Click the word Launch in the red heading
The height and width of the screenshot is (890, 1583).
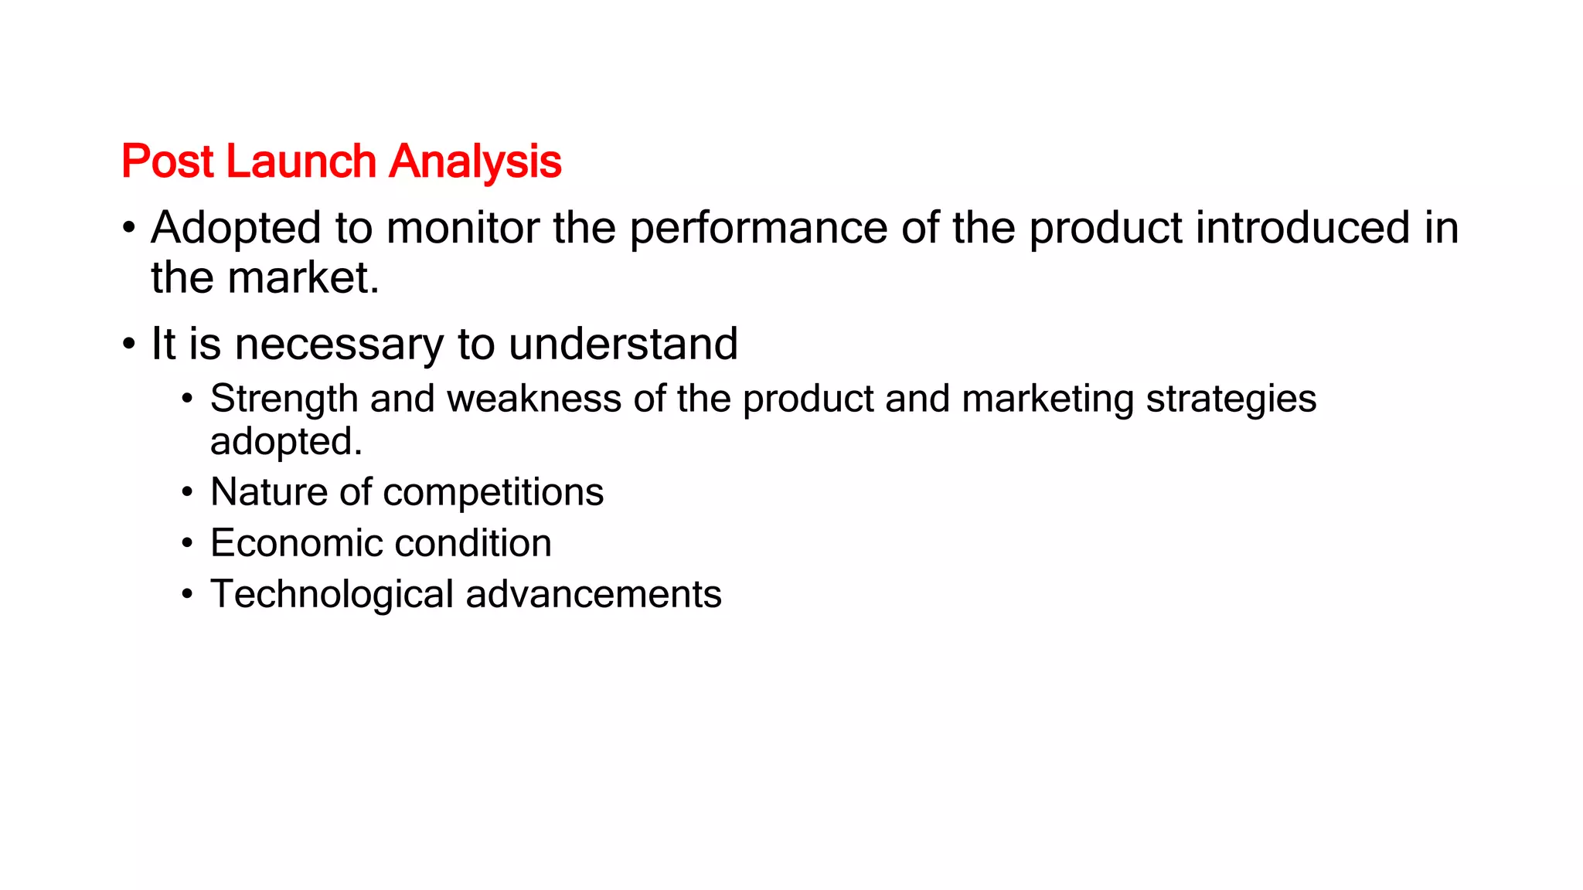pyautogui.click(x=301, y=161)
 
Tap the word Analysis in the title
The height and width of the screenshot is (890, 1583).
pyautogui.click(x=475, y=161)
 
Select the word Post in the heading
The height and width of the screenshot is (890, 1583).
pyautogui.click(x=167, y=161)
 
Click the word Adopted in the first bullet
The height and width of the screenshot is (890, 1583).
pyautogui.click(x=236, y=228)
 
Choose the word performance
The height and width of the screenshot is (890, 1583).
pyautogui.click(x=758, y=228)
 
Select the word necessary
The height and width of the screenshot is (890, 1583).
pyautogui.click(x=339, y=344)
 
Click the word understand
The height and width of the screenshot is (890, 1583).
pyautogui.click(x=623, y=344)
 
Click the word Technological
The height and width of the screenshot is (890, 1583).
pyautogui.click(x=332, y=594)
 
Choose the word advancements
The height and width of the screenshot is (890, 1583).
pyautogui.click(x=594, y=594)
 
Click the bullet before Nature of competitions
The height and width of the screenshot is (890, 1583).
pyautogui.click(x=187, y=492)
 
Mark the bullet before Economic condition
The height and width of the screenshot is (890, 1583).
pyautogui.click(x=187, y=543)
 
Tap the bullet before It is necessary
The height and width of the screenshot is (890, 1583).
pyautogui.click(x=129, y=344)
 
